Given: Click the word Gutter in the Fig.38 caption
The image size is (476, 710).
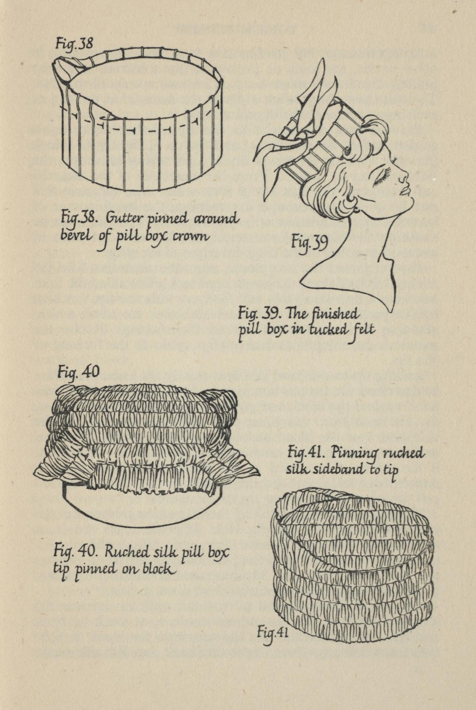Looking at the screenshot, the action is coord(120,219).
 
